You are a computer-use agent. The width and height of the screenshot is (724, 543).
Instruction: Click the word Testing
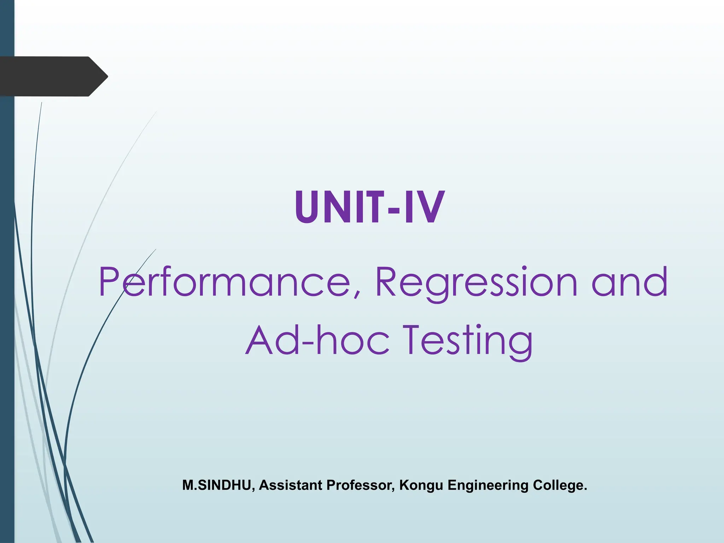coord(468,341)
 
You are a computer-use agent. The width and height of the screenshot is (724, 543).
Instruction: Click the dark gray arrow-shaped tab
coord(49,76)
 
